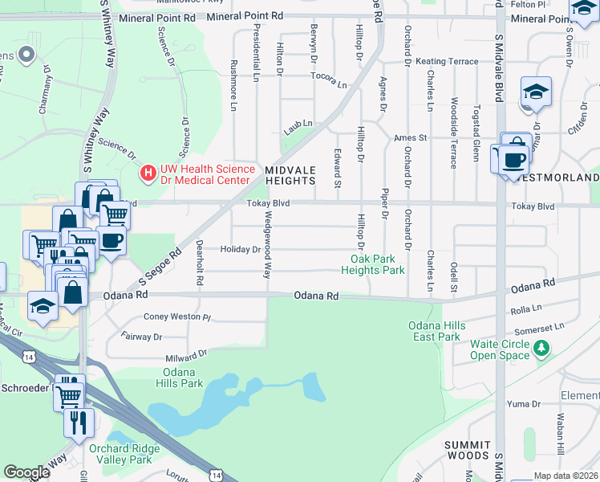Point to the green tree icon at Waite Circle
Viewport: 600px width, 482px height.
click(542, 348)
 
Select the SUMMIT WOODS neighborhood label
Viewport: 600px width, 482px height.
click(468, 451)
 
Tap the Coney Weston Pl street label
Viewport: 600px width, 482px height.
click(176, 317)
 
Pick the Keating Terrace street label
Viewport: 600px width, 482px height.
click(446, 62)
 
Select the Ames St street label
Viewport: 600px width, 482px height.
click(409, 138)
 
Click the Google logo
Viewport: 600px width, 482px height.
click(27, 472)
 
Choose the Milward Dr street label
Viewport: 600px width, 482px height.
click(187, 354)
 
